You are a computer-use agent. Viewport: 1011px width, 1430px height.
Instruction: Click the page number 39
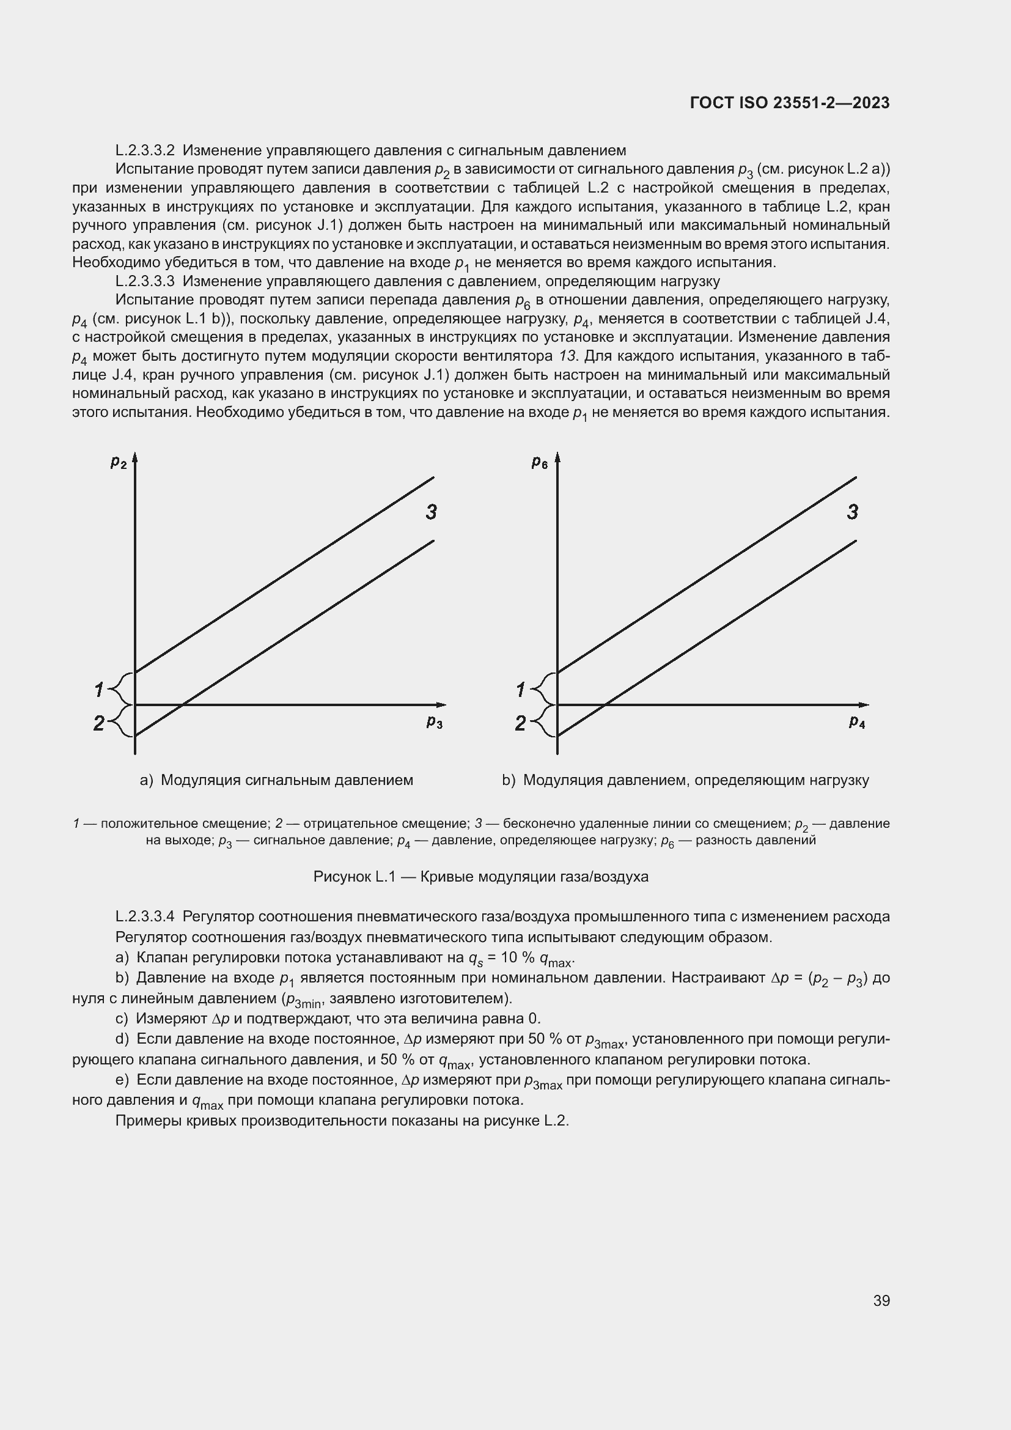(881, 1300)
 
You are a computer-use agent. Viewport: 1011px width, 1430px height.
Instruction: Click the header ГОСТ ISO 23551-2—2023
(789, 103)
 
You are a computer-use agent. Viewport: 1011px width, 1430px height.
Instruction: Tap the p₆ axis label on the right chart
(539, 462)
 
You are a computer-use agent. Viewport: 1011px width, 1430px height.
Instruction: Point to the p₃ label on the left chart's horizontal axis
(435, 722)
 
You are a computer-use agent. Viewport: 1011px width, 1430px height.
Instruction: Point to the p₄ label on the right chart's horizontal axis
(856, 722)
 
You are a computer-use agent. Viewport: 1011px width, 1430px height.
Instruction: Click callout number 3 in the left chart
(431, 512)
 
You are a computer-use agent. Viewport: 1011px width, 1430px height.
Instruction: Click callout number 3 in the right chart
(852, 512)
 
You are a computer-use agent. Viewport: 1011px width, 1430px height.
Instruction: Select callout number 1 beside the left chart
(98, 690)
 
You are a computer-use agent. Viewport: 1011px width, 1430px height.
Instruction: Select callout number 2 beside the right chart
(520, 723)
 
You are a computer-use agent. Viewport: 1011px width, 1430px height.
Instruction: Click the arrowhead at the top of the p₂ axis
(134, 459)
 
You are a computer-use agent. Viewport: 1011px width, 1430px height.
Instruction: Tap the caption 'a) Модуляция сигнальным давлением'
(276, 780)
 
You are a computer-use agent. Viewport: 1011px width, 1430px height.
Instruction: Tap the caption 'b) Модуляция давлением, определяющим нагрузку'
(685, 780)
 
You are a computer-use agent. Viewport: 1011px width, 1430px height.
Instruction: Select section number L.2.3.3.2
(144, 151)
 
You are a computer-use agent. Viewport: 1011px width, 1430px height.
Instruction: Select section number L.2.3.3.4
(144, 917)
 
